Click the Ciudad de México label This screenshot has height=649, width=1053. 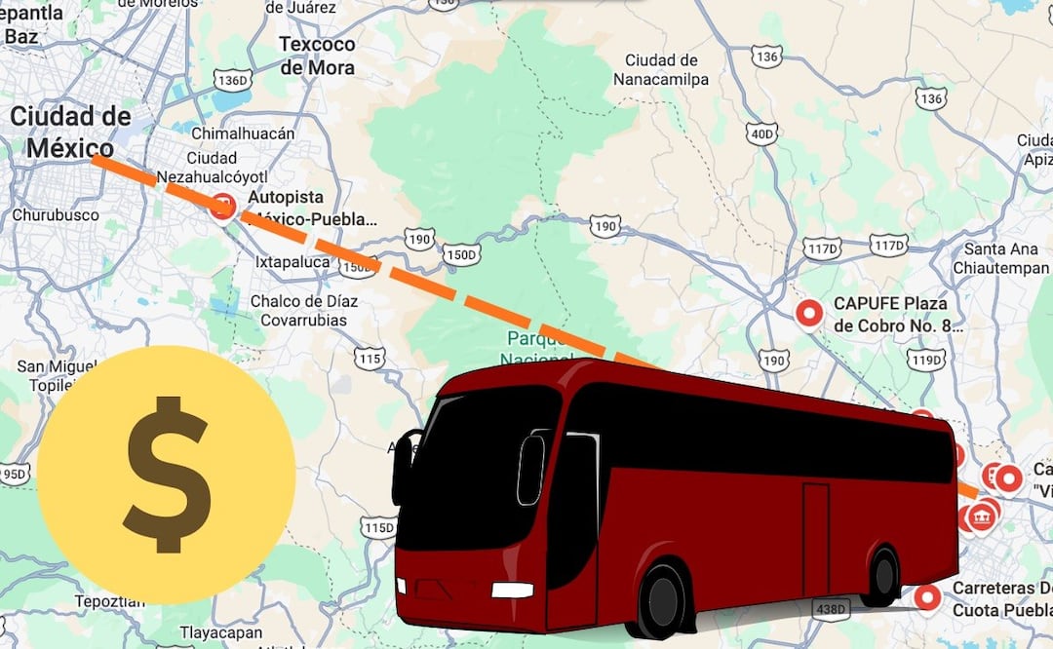[70, 133]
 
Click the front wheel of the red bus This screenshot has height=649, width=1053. [662, 598]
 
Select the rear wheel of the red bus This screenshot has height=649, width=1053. [881, 576]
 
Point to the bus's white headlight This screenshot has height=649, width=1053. [512, 590]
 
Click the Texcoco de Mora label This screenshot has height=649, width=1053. [317, 56]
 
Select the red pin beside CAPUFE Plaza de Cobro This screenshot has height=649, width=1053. [809, 313]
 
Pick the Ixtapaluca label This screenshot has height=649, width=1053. [291, 261]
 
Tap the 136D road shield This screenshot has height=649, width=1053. [234, 79]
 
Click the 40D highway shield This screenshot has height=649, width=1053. [762, 133]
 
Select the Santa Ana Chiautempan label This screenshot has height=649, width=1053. [1005, 258]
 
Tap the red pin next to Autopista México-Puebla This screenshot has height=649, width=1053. [223, 206]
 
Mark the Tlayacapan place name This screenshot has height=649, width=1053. [210, 632]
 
